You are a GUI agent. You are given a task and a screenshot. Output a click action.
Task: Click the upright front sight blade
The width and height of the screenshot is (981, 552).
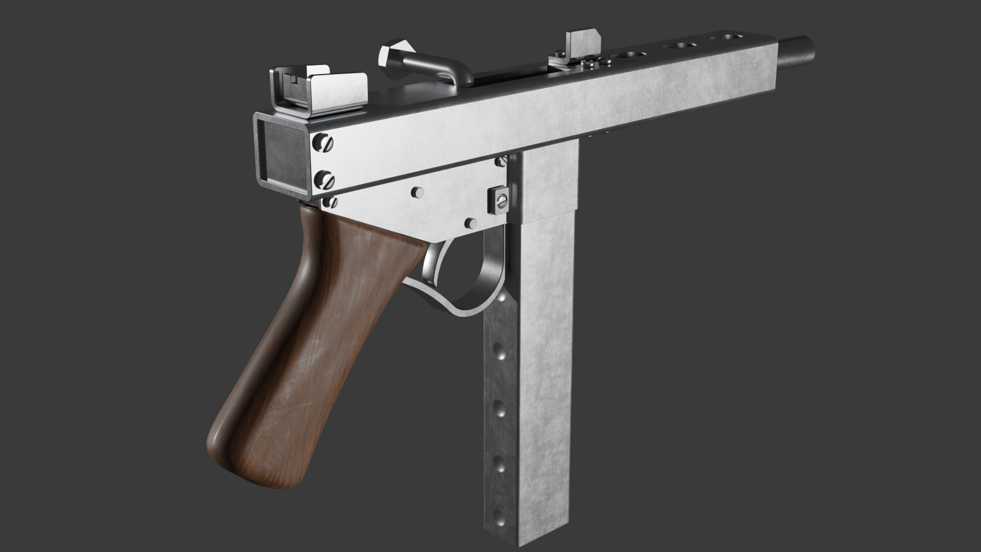(582, 48)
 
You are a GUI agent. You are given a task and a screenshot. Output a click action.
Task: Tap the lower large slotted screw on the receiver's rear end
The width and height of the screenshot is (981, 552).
(326, 179)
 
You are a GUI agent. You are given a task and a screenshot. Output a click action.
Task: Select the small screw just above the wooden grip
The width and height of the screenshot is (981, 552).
(332, 202)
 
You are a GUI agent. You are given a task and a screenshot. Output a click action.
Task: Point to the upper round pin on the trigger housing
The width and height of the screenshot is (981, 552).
(417, 192)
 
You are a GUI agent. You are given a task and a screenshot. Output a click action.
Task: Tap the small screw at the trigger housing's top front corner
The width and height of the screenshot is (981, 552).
(503, 162)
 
